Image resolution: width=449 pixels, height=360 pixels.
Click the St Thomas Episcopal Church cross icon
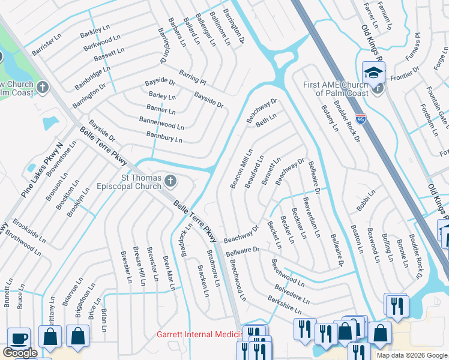click(x=171, y=181)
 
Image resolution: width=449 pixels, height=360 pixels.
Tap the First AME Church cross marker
click(x=377, y=88)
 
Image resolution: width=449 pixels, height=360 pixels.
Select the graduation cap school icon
click(x=374, y=73)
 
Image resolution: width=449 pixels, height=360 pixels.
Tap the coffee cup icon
click(x=19, y=337)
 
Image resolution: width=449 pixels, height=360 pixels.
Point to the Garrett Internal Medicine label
click(x=198, y=334)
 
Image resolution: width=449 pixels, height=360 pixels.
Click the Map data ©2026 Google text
click(x=411, y=355)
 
